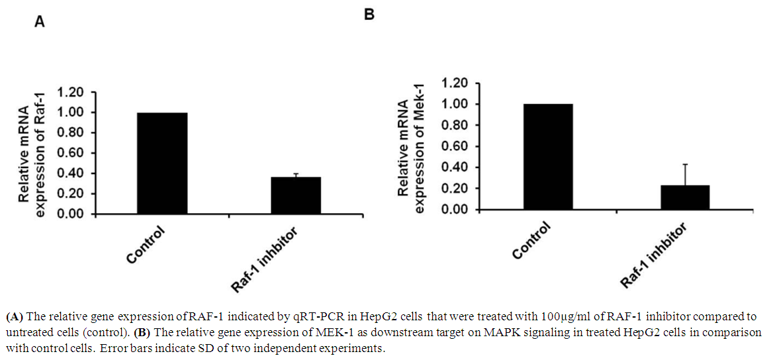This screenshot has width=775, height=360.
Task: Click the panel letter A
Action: [40, 22]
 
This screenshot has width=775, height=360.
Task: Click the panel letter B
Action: [369, 13]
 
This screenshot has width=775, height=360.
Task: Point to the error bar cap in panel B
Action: [685, 164]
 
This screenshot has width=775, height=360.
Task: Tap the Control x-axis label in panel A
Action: [144, 246]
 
